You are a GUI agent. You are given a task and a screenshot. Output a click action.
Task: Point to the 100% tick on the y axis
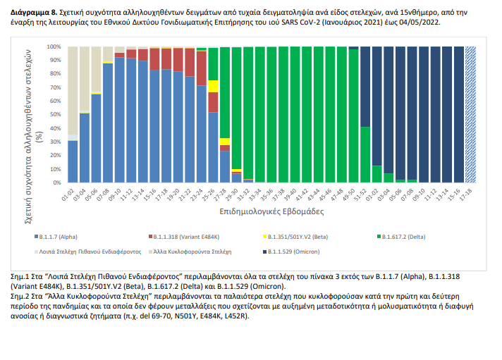56,46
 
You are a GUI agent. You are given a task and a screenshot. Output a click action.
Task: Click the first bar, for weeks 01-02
73,161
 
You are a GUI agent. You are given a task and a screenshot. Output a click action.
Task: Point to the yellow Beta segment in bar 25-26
213,86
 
